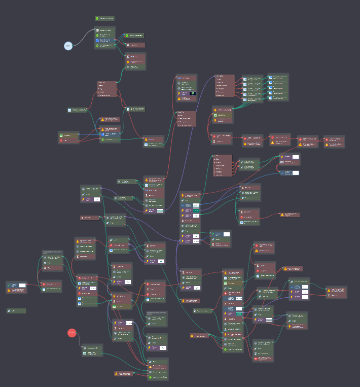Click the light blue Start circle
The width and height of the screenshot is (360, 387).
click(68, 46)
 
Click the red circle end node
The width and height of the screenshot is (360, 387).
click(72, 333)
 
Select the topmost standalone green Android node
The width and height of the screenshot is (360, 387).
click(104, 18)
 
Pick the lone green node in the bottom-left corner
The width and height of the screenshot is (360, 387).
click(16, 311)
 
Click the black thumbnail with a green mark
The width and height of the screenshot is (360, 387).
click(192, 93)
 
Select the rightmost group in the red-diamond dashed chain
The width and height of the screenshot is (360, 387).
click(334, 142)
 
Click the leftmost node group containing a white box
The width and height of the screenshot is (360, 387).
click(16, 288)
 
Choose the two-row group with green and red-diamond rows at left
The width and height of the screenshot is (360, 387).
click(68, 137)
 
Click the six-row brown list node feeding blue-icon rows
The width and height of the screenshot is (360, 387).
click(224, 86)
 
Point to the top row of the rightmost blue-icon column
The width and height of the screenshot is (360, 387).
click(278, 78)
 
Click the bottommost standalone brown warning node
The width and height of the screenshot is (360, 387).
click(123, 374)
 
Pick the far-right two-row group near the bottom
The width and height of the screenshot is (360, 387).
click(336, 292)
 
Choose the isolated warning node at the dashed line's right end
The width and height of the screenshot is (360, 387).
click(290, 215)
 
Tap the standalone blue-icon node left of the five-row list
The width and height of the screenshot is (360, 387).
click(77, 110)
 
